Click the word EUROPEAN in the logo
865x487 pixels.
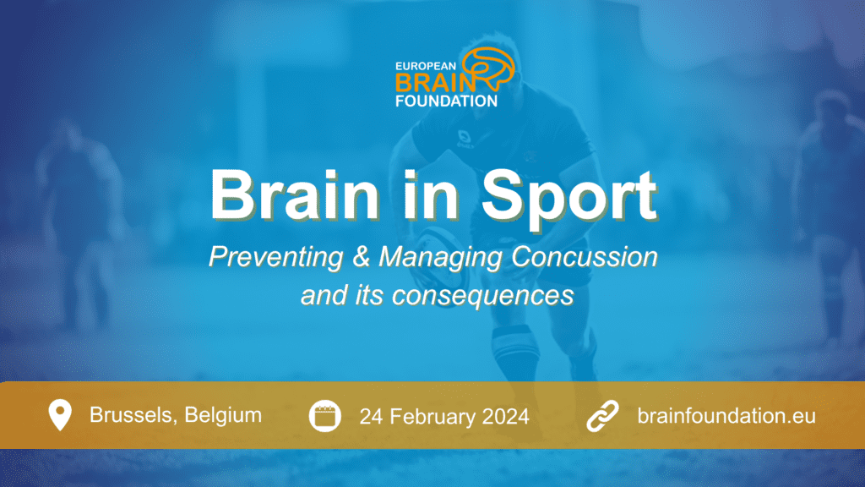pos(426,66)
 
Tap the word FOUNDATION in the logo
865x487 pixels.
pos(446,101)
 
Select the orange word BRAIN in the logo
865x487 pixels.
pos(435,83)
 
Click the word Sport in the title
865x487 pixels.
pos(569,197)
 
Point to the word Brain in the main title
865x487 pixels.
pos(295,195)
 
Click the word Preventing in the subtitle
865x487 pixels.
pos(276,257)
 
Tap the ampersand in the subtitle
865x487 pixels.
pos(361,257)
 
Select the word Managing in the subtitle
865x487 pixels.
pos(440,258)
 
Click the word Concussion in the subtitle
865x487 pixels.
pos(585,257)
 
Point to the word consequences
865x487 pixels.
pos(482,295)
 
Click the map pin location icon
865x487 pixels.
pos(60,414)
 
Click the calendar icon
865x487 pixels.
pos(325,416)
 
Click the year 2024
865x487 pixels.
pos(505,416)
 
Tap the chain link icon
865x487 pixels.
pos(602,416)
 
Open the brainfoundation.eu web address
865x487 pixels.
pos(726,416)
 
